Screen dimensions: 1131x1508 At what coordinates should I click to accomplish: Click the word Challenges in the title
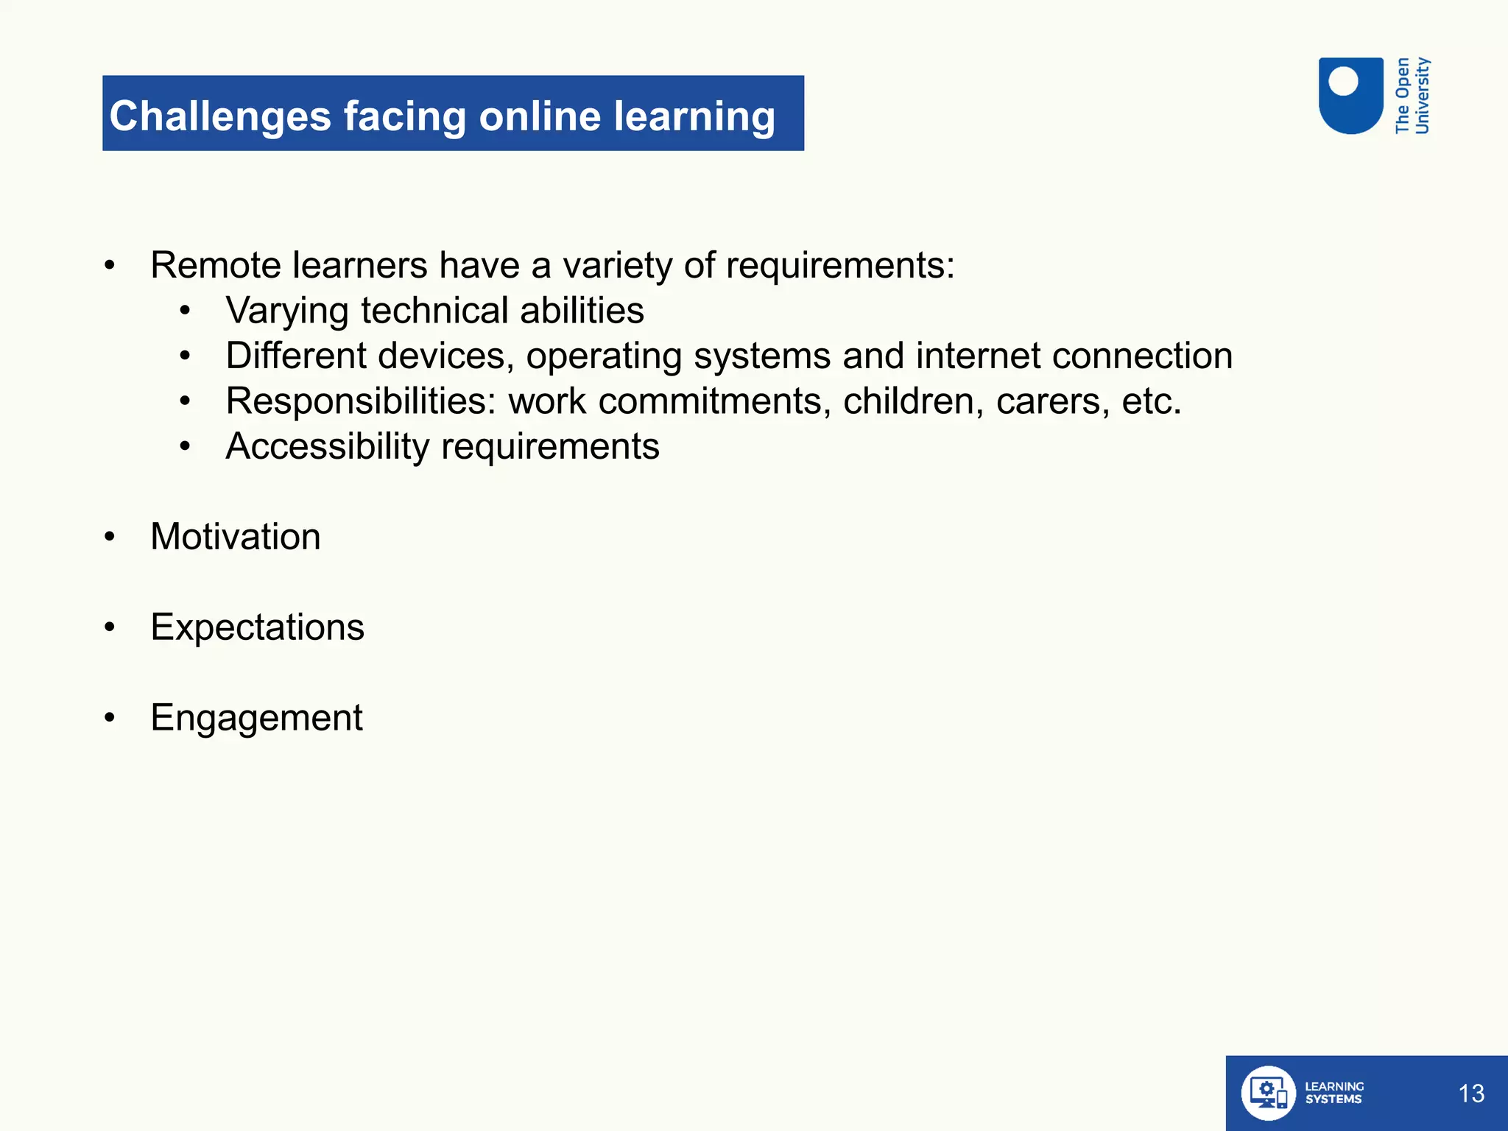coord(220,116)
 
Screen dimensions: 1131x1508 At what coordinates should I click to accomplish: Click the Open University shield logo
coord(1350,96)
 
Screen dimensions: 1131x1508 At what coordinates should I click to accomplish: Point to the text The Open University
coord(1412,96)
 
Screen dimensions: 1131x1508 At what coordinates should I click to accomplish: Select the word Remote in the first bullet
coord(215,265)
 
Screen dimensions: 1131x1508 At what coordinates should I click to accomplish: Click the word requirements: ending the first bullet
coord(840,265)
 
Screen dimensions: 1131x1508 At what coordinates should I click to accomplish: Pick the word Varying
coord(287,311)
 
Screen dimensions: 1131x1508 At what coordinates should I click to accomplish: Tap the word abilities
coord(582,311)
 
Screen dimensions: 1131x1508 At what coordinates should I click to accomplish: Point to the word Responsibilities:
coord(362,401)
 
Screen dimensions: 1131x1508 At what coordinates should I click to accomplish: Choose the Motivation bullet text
coord(236,537)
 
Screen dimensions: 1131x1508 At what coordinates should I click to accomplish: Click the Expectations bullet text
coord(258,627)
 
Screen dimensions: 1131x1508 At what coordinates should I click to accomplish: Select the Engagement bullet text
coord(256,718)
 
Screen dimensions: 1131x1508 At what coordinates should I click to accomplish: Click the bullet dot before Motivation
coord(110,537)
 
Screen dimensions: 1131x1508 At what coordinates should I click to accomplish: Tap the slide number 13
coord(1471,1093)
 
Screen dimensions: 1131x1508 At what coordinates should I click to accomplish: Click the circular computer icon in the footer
coord(1268,1093)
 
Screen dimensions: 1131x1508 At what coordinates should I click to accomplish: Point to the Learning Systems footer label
coord(1333,1093)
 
